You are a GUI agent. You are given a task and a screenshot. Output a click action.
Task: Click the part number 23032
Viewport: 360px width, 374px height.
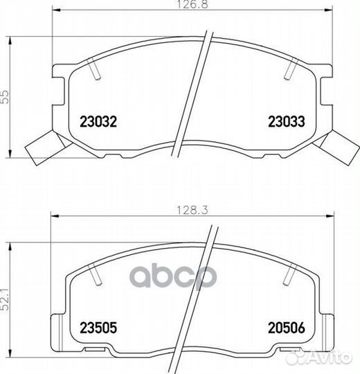[98, 121]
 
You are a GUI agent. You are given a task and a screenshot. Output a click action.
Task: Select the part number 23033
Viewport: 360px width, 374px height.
[287, 121]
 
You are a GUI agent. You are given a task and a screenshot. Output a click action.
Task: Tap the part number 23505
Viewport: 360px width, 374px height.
[98, 328]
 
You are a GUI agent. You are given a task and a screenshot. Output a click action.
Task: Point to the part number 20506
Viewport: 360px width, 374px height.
[287, 328]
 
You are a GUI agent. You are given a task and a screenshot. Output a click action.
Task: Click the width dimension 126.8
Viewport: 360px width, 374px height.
[192, 4]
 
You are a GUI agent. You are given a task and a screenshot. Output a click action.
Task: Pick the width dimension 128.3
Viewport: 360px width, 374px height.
[192, 210]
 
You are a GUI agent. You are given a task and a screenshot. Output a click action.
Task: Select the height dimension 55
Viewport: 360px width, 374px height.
[5, 96]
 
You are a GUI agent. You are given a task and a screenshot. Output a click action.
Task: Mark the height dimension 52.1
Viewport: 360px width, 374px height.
[5, 299]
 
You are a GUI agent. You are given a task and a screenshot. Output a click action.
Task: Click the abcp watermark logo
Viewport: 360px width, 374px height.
[173, 276]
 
